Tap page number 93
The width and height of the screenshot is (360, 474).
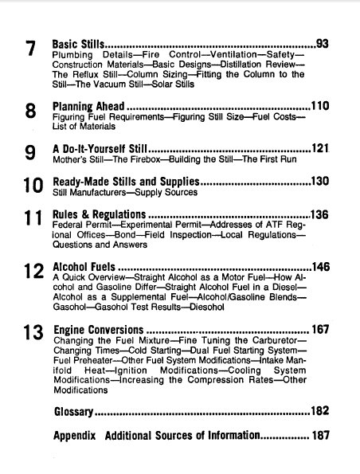tap(323, 43)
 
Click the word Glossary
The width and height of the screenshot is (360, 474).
tap(73, 412)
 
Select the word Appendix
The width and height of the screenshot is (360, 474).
tap(74, 436)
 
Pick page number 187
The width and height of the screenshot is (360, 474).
tap(320, 436)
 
